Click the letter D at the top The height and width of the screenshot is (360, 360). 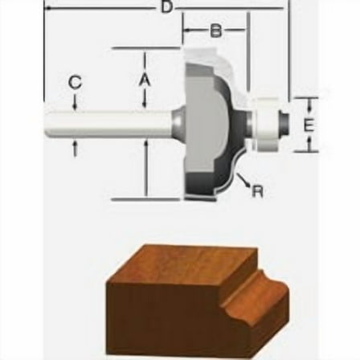point(167,6)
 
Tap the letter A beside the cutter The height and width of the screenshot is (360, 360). point(145,80)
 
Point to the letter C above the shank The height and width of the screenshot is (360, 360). point(76,82)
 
